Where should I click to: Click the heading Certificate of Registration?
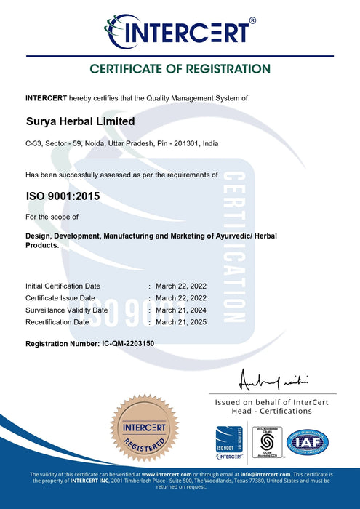(180, 70)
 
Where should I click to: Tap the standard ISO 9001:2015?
(63, 196)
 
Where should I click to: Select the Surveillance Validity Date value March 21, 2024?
(181, 310)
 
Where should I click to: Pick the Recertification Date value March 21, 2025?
(181, 321)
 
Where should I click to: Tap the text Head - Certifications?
(273, 411)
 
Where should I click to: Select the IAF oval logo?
(308, 442)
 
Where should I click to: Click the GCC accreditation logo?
(266, 443)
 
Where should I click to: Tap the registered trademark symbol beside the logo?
(252, 21)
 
